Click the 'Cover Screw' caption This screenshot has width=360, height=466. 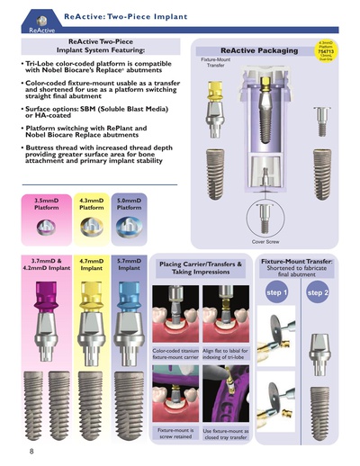click(x=265, y=241)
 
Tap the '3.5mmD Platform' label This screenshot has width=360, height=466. click(x=47, y=203)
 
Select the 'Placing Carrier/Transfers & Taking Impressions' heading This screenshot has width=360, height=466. click(x=201, y=267)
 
